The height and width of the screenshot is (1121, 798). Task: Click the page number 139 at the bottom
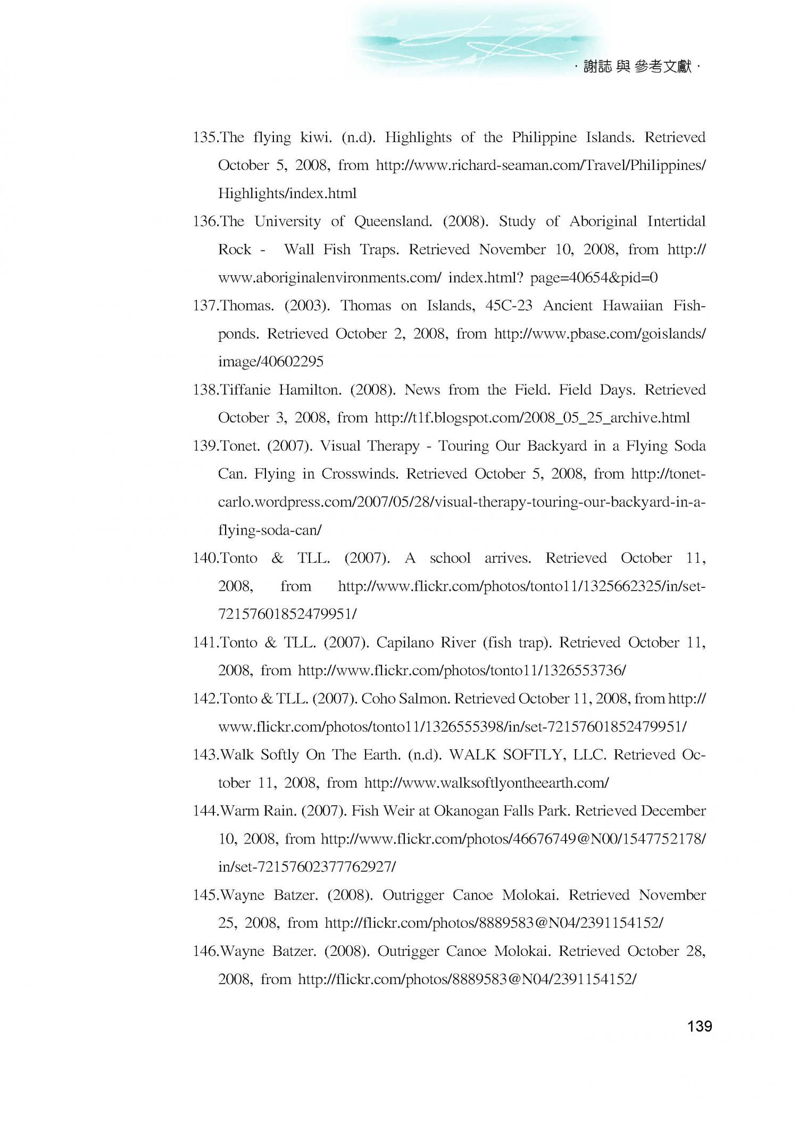699,1026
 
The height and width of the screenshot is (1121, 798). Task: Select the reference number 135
204,138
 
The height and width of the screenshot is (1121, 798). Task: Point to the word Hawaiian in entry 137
633,306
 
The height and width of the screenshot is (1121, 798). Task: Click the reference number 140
204,559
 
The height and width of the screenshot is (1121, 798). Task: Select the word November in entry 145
672,895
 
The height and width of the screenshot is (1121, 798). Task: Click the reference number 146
204,951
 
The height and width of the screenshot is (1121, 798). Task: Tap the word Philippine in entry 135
544,138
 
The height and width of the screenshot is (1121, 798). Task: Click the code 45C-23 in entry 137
509,306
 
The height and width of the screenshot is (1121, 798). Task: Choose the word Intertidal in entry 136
676,222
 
